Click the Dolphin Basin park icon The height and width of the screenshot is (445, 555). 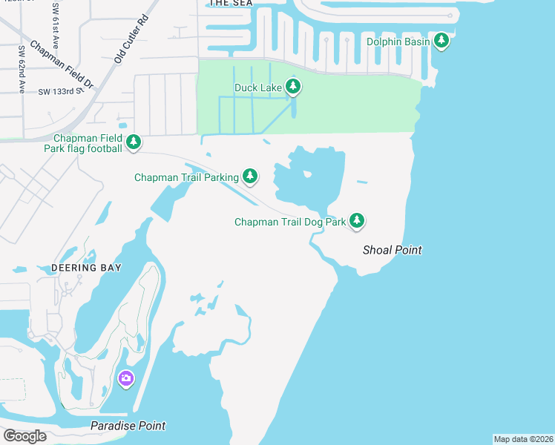point(441,41)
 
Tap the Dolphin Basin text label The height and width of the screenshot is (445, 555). point(398,42)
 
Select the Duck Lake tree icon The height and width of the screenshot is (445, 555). point(293,88)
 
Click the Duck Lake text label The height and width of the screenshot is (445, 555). point(257,88)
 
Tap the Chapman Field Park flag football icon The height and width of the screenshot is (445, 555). point(134,142)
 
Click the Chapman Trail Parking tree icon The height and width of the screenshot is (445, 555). point(251,176)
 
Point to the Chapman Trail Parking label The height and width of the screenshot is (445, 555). point(186,177)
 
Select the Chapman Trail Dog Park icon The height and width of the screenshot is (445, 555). point(357,220)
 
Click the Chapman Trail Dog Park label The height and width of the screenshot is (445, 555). point(290,222)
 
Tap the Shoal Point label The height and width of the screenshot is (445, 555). point(392,250)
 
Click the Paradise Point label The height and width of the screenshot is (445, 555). point(128,426)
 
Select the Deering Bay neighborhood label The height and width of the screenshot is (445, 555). point(87,267)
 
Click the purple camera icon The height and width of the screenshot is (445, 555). point(125,379)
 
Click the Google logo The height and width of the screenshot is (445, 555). point(24,435)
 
